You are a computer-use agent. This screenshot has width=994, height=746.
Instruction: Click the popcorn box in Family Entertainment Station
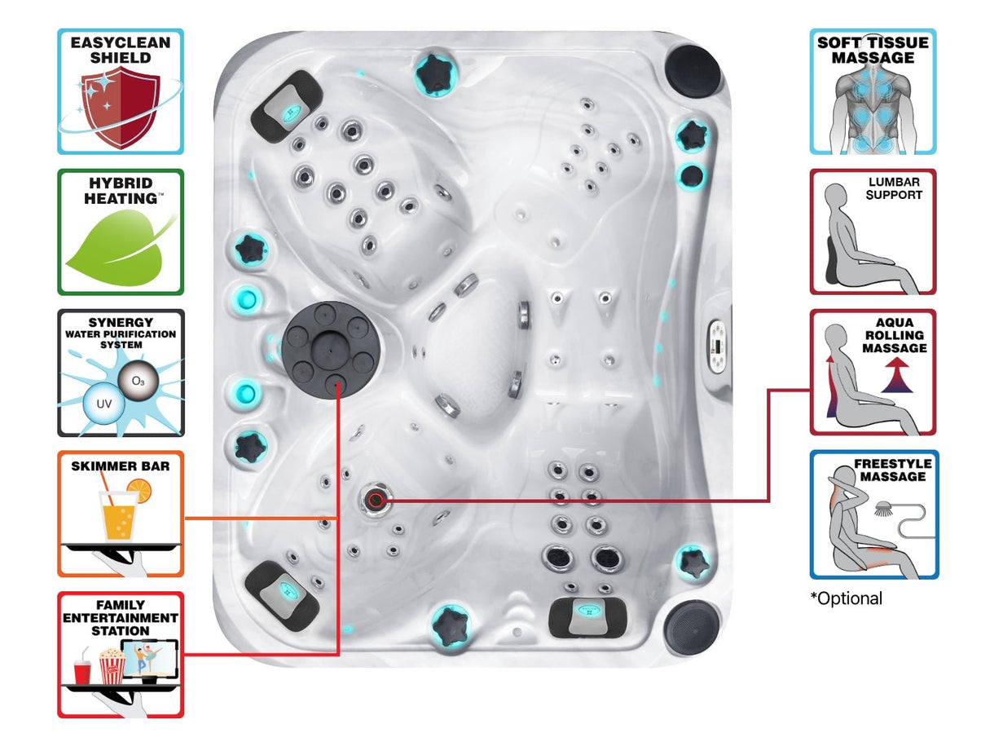pos(111,664)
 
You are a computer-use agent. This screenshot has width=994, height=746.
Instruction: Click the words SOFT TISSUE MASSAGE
pos(873,51)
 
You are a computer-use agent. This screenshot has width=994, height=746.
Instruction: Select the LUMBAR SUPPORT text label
pos(894,189)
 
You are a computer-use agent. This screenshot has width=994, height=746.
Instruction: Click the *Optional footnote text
pos(847,598)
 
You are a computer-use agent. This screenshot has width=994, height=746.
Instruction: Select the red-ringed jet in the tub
pos(376,500)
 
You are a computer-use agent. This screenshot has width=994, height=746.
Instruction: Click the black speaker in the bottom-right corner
pos(692,628)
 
